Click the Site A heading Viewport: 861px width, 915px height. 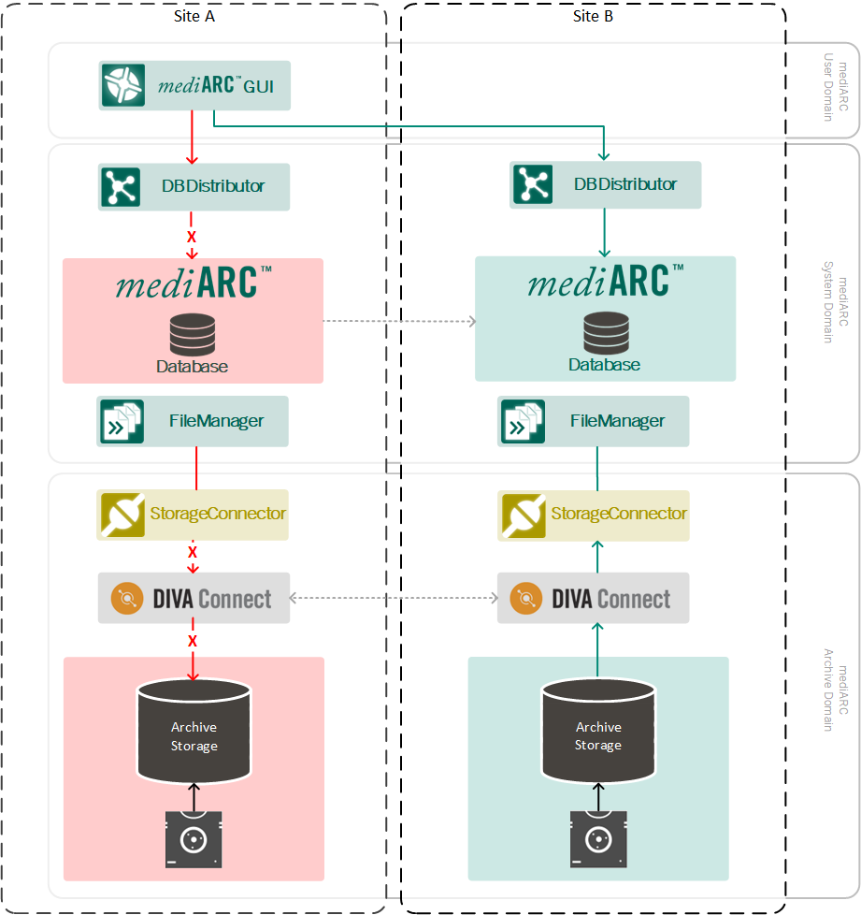coord(194,16)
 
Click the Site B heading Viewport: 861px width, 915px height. coord(593,16)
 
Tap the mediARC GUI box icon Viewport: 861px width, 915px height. coord(123,85)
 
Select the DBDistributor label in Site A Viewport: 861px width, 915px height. coord(213,186)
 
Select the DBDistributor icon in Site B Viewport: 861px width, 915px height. coord(533,184)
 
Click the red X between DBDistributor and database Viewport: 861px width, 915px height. coord(192,237)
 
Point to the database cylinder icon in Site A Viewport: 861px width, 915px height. coord(193,334)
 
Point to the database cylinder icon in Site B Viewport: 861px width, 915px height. coord(606,333)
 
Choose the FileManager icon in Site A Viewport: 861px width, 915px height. coord(122,421)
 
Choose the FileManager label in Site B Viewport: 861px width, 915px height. coord(617,421)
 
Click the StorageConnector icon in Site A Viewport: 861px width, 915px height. coord(122,515)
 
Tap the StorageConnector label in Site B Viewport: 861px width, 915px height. coord(619,514)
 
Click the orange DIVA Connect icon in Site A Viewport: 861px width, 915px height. coord(126,599)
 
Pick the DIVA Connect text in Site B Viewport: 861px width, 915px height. coord(610,600)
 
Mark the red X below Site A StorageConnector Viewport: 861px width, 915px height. coord(193,551)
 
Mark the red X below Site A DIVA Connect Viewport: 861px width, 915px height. coord(193,641)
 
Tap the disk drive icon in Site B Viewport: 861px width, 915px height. coord(598,839)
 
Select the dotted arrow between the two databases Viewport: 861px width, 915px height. coord(399,321)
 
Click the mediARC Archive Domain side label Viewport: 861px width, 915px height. coord(836,690)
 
